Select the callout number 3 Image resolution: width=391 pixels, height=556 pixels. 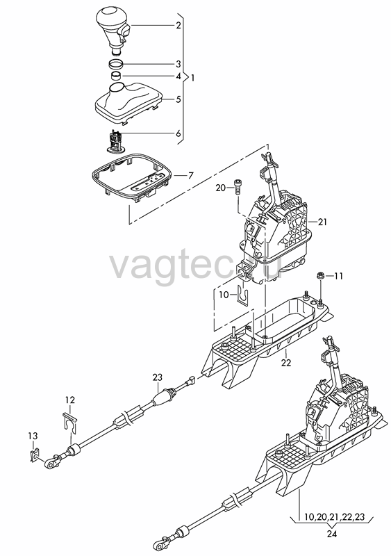(178, 64)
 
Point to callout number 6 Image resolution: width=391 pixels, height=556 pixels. (178, 133)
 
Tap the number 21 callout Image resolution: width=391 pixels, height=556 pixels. (322, 222)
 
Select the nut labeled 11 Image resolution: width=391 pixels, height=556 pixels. (320, 275)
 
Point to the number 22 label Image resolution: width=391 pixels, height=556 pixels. (285, 363)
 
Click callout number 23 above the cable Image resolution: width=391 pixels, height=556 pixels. (158, 377)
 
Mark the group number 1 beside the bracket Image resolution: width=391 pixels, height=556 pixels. (192, 78)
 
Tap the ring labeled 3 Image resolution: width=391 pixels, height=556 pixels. (115, 65)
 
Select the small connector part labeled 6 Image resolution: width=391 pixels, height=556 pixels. (115, 141)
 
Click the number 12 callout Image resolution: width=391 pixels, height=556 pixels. (70, 400)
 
